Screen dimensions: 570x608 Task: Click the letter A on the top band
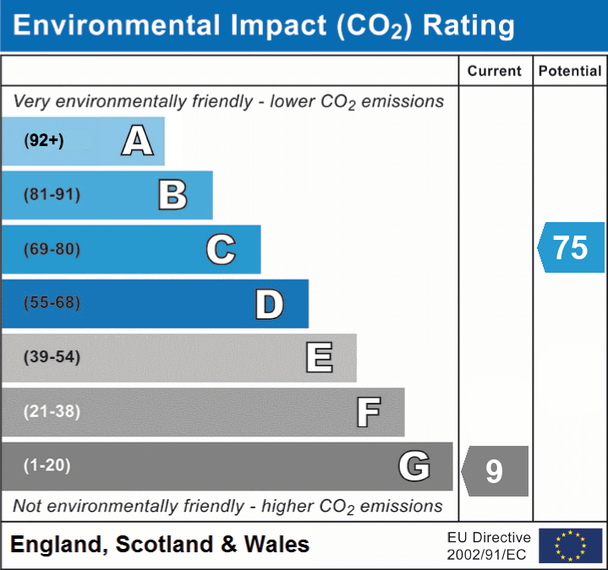click(137, 141)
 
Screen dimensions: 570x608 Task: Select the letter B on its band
click(173, 195)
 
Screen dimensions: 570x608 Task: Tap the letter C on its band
click(221, 250)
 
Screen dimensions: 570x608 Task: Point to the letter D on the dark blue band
click(269, 304)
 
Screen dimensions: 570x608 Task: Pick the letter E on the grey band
click(319, 358)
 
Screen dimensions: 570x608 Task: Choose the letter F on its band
click(368, 412)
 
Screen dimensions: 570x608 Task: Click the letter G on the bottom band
click(414, 466)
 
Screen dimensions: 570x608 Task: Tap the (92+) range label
click(44, 141)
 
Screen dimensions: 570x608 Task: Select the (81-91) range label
click(52, 195)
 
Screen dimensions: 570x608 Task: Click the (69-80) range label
click(52, 250)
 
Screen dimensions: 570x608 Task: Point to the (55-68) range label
click(52, 303)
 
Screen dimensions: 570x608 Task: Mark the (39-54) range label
click(52, 357)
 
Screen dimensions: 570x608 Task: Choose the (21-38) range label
click(52, 412)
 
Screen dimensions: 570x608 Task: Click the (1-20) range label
click(47, 465)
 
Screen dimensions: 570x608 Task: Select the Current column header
click(495, 72)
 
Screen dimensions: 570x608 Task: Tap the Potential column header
click(570, 72)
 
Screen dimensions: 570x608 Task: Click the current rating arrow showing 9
click(496, 470)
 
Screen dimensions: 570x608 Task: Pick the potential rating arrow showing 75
click(571, 247)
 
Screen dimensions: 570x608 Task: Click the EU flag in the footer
click(570, 546)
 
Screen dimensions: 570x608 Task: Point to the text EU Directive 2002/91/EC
click(489, 546)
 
